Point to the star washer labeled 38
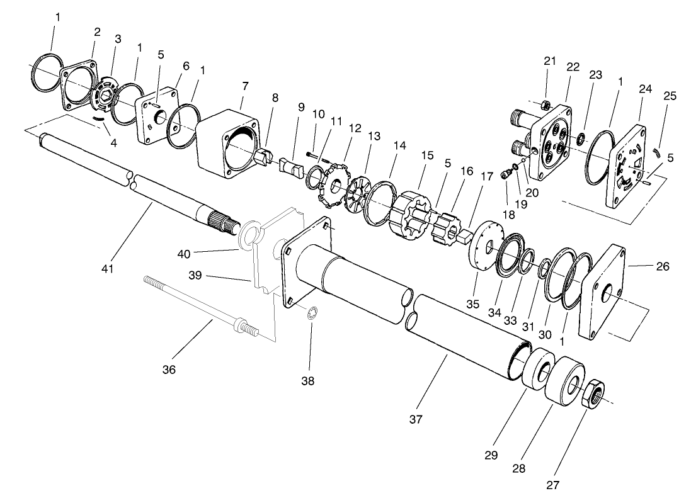[312, 314]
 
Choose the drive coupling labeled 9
[292, 168]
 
